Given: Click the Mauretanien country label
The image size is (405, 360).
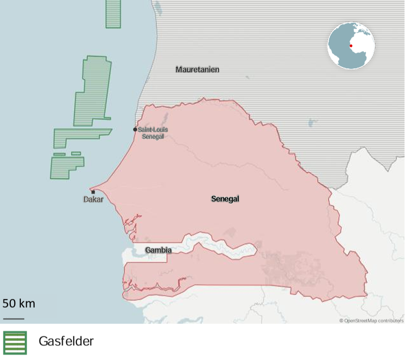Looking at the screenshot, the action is pos(197,70).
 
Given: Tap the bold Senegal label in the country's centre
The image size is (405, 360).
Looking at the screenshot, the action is pos(225,199).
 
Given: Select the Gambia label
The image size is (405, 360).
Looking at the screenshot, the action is pos(158,250).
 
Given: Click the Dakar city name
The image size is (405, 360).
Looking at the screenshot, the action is pos(93,200).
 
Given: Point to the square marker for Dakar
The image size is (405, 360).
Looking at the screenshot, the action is pos(93,192).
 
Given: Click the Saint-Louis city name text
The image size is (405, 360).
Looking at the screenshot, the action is pos(153,130).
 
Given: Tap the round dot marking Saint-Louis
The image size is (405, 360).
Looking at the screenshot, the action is pos(135,129).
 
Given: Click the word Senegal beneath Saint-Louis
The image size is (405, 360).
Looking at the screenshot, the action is pos(153,136).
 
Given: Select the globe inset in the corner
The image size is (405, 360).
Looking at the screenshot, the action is pos(351,45).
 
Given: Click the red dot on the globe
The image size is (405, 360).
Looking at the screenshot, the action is pos(351,46).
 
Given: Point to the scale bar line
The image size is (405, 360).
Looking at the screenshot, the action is pos(13,319).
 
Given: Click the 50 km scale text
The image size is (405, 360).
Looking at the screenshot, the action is pos(19,303).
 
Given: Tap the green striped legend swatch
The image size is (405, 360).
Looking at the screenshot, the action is pos(15,343).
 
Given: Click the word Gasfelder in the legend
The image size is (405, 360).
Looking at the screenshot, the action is pos(66,341).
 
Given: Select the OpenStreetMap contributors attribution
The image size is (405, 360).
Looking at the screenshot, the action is pos(371,321).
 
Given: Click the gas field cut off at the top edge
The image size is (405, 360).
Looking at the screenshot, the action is pos(113,13).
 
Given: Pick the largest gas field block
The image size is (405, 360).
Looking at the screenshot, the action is pos(92,91).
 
